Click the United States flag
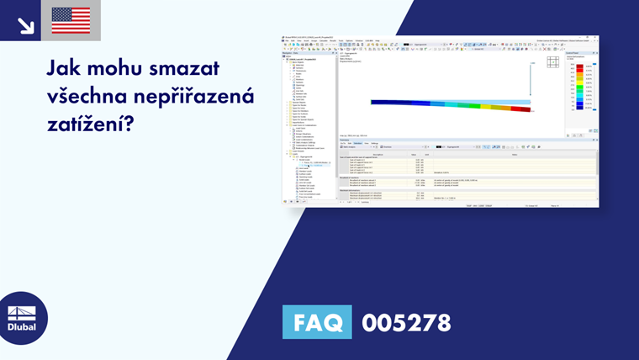click(x=71, y=20)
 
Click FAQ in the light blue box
click(x=317, y=323)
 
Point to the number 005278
click(x=406, y=323)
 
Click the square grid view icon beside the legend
click(x=552, y=61)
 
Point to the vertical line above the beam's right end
click(x=531, y=80)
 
